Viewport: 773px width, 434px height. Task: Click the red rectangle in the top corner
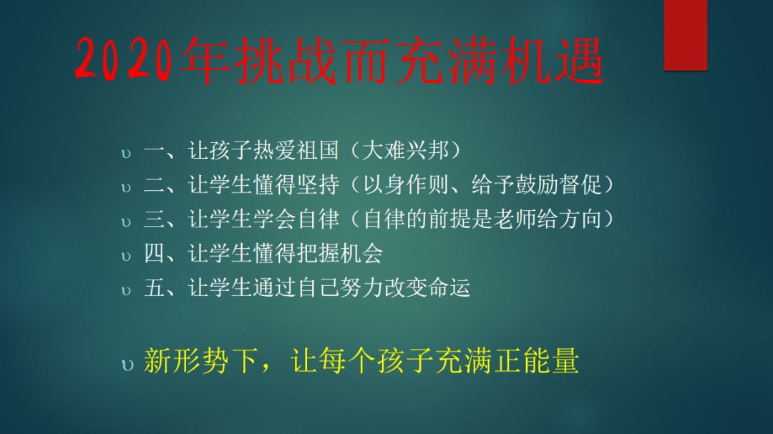685,35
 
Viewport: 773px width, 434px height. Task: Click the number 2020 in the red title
125,59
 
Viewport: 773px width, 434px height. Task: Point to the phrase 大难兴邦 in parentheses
405,150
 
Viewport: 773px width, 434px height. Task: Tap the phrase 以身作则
405,184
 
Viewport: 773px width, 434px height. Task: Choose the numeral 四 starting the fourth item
154,253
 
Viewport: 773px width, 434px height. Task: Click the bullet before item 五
126,291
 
